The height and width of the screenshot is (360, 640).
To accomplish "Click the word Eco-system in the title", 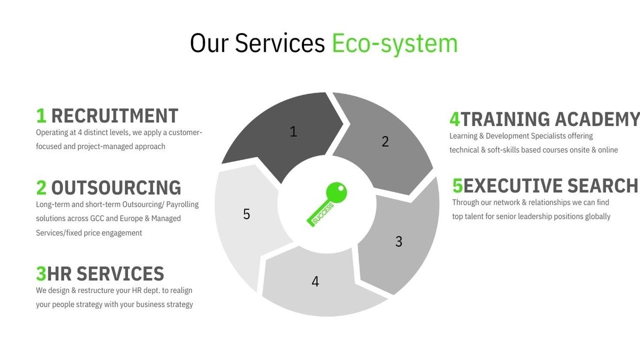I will [394, 43].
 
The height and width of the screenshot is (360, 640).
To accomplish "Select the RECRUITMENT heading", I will [115, 116].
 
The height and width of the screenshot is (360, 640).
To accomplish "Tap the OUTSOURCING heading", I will [116, 188].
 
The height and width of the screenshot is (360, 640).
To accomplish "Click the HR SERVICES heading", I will [105, 274].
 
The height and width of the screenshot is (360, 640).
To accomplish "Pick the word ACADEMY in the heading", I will [597, 119].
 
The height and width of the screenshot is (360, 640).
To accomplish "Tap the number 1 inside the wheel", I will [293, 132].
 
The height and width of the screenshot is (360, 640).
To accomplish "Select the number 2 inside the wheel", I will [385, 142].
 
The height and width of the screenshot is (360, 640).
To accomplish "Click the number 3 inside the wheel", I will [398, 241].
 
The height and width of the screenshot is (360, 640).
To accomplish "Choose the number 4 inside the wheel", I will [315, 282].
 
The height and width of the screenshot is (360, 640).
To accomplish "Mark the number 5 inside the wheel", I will [247, 214].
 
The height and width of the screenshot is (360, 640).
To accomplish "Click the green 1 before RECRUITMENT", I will [41, 116].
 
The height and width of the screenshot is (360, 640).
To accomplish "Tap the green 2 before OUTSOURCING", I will [41, 188].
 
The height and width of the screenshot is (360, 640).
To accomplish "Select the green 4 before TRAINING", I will [455, 119].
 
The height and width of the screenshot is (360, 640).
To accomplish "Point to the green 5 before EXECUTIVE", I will [457, 186].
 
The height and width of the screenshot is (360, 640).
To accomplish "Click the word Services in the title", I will [280, 43].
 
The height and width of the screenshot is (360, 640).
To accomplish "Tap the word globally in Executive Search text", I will [598, 217].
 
